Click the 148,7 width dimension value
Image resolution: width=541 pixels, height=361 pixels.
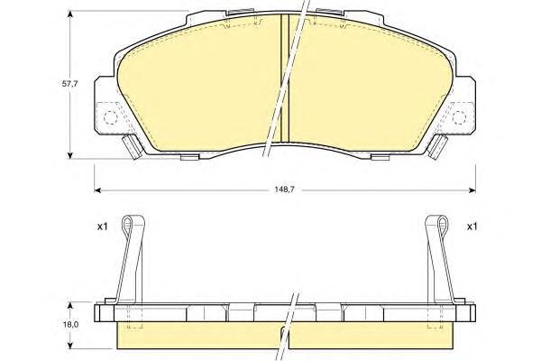284,190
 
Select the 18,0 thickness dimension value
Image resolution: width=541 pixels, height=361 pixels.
70,325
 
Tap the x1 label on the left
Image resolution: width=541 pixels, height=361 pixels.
102,227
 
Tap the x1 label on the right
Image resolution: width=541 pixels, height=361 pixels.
472,227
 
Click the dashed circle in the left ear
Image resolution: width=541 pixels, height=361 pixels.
111,118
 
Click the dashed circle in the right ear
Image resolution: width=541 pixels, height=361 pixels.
459,118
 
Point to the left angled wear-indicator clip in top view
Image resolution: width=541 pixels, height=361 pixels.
133,147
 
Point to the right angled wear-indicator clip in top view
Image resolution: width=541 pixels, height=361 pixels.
436,147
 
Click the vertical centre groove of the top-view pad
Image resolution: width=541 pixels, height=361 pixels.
285,78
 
